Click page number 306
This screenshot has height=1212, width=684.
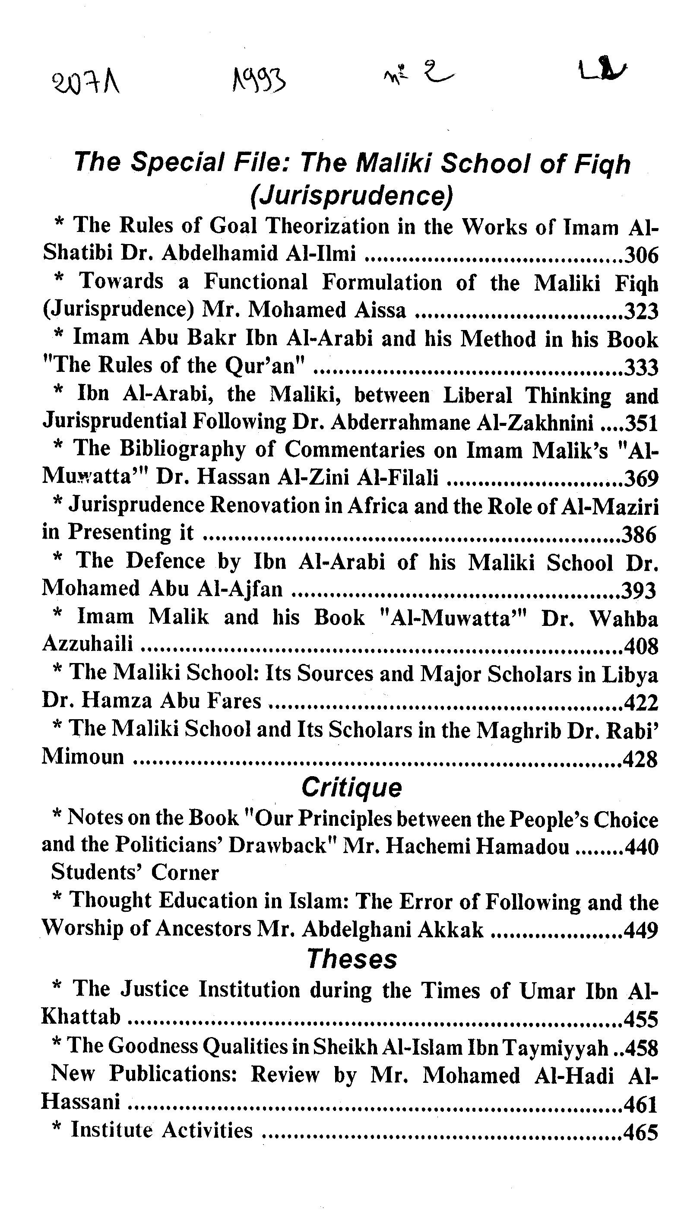[641, 255]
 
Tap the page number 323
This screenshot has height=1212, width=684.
[641, 311]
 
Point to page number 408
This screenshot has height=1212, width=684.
[641, 647]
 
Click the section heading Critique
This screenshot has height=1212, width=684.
[351, 787]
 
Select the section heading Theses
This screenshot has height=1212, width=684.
[352, 958]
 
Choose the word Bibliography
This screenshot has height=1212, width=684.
[183, 449]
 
